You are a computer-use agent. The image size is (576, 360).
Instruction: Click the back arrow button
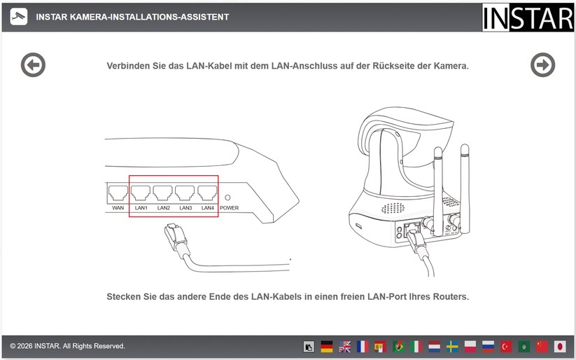(33, 65)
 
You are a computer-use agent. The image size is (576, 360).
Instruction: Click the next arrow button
(542, 65)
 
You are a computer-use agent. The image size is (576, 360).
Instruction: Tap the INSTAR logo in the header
(528, 18)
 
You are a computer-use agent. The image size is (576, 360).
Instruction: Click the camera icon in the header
(19, 17)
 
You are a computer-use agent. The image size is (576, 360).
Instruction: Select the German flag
(327, 347)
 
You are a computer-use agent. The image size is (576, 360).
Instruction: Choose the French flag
(363, 347)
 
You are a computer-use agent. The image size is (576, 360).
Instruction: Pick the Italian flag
(416, 347)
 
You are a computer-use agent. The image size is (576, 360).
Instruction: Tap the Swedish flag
(452, 347)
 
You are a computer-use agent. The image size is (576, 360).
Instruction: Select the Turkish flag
(506, 347)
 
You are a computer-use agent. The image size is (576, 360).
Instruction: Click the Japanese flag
(560, 347)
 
